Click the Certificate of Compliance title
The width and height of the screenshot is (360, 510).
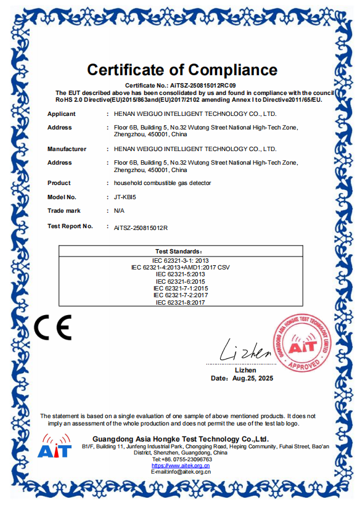click(182, 69)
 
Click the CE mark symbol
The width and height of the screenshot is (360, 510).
click(52, 327)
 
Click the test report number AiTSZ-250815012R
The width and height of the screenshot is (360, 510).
click(141, 228)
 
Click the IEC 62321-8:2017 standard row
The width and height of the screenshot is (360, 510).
click(180, 302)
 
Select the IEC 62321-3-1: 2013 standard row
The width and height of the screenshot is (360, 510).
click(180, 260)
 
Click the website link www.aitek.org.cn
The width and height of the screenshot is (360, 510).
click(181, 466)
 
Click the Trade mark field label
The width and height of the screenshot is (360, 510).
click(64, 211)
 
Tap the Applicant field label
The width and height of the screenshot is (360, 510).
click(62, 114)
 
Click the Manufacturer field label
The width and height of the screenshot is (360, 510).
click(67, 149)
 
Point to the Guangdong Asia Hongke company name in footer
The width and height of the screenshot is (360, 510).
click(181, 438)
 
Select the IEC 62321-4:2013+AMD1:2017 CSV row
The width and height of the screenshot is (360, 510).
click(180, 267)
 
